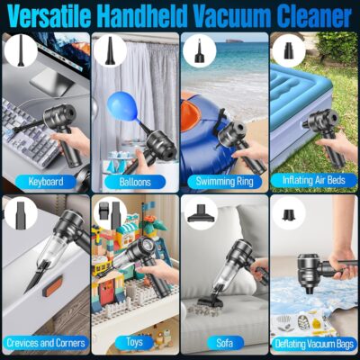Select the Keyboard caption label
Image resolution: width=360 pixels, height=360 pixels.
point(45,181)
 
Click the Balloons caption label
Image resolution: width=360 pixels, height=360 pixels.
point(135,181)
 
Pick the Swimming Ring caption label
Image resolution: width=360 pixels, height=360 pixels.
point(224,181)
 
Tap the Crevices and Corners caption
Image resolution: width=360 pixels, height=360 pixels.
point(45,343)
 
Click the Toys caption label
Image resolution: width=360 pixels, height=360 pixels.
point(135,343)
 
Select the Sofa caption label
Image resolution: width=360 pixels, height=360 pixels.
point(224,343)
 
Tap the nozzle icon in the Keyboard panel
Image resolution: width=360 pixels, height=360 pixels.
point(20,49)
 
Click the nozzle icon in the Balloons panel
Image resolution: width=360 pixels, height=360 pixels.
point(109,49)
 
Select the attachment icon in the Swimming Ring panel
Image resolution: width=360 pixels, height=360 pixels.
point(198,49)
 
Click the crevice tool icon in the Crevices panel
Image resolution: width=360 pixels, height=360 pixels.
point(20,212)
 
